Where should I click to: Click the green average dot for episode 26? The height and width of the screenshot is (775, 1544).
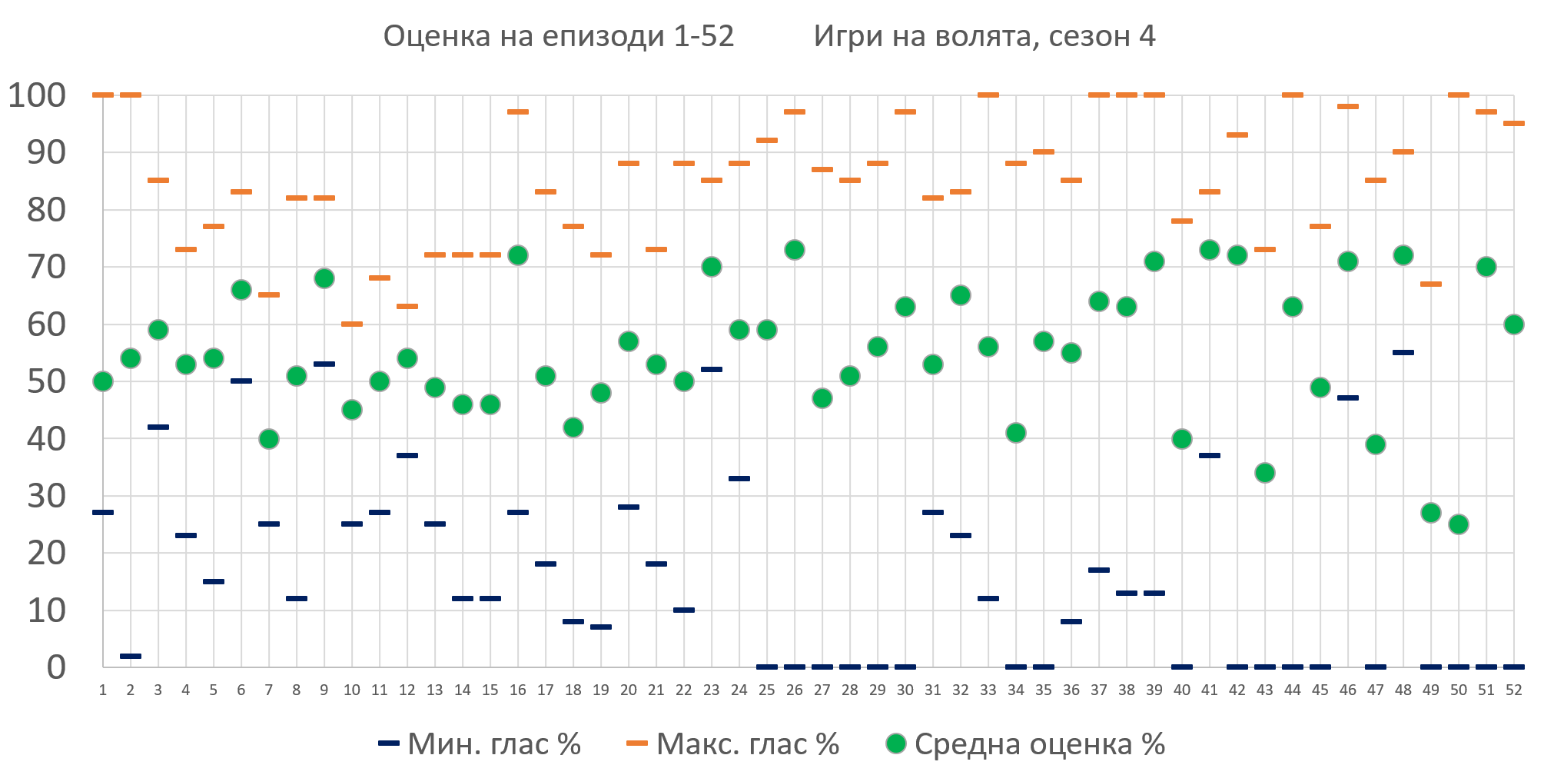coord(794,250)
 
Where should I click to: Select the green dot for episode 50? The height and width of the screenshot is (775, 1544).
coord(1458,524)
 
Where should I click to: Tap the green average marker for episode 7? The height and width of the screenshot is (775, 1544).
coord(268,439)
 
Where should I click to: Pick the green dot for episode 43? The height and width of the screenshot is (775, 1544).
coord(1264,473)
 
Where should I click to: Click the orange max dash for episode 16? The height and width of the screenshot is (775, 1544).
coord(517,112)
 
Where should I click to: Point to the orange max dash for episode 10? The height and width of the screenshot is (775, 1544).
coord(351,324)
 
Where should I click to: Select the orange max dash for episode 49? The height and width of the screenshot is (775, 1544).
coord(1430,284)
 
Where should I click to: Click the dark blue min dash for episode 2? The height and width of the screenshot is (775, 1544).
coord(130,656)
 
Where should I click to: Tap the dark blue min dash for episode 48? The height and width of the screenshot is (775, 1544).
coord(1403,353)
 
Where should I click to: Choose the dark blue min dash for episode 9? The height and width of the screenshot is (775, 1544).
coord(324,364)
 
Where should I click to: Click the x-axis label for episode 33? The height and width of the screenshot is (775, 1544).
coord(988,690)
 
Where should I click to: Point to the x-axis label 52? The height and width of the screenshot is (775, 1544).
coord(1513,690)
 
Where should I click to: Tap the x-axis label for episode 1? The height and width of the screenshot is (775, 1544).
coord(102,690)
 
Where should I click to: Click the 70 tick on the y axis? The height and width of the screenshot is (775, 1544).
coord(46,268)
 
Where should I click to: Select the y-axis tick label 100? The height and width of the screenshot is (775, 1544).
coord(37,96)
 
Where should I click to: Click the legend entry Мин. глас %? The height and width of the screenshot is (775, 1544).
coord(480,744)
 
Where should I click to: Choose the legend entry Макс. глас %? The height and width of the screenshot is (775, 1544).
coord(733,744)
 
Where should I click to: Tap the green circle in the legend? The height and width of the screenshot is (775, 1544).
coord(895,743)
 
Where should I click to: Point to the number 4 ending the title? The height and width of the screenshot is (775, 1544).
coord(1147,36)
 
